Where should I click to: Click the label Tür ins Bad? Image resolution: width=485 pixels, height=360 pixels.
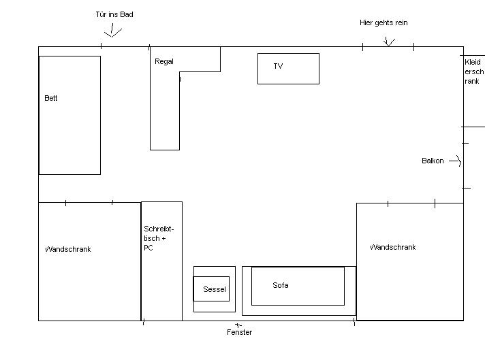(114, 14)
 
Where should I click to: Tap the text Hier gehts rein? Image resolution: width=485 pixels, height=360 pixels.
(384, 22)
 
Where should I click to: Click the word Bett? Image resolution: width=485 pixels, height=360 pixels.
(51, 98)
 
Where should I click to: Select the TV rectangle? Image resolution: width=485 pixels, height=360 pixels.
(288, 68)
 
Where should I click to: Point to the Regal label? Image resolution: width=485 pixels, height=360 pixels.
(164, 61)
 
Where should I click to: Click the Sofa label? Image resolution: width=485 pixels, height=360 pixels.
(281, 285)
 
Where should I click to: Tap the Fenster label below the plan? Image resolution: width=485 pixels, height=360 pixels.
(239, 332)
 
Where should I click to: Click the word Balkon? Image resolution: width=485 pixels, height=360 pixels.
(433, 161)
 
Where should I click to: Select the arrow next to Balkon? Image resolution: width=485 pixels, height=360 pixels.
(456, 161)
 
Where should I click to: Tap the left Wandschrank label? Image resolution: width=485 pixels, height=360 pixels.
(68, 249)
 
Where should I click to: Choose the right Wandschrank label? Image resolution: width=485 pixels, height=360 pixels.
(393, 247)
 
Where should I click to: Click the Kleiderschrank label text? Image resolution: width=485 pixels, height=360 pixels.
(473, 71)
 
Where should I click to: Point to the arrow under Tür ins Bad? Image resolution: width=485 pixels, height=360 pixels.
(112, 31)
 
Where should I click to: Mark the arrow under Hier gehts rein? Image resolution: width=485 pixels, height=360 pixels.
(389, 42)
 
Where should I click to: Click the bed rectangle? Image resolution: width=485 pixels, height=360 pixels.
(69, 136)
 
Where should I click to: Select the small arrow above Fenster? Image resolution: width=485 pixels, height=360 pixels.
(238, 325)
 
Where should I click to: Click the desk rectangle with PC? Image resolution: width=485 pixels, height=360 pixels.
(161, 286)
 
